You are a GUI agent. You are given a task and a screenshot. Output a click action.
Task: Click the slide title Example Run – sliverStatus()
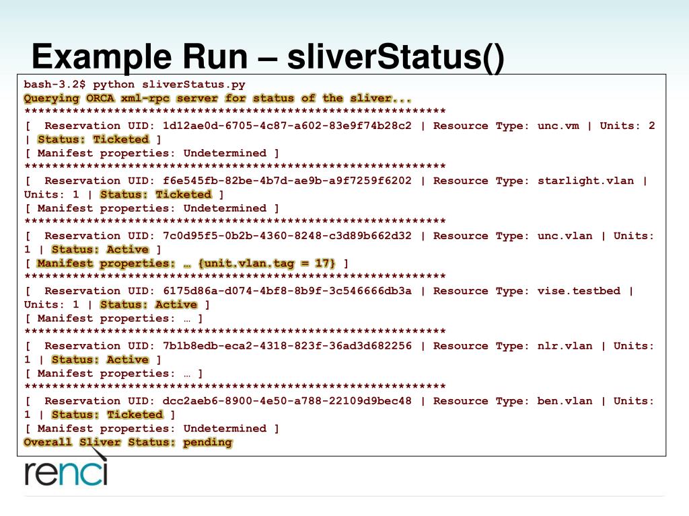[267, 57]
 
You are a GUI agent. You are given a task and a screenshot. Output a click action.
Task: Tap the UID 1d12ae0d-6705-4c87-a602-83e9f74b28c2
[287, 126]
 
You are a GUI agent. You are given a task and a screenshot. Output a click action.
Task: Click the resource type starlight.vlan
[585, 181]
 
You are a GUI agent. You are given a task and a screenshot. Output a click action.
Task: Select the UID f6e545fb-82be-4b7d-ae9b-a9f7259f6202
[287, 181]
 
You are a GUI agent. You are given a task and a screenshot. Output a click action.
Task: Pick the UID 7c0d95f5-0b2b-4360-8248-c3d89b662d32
[287, 236]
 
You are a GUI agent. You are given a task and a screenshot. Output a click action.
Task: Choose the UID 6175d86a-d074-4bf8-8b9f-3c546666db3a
[287, 291]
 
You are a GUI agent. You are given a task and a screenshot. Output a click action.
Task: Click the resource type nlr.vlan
[565, 346]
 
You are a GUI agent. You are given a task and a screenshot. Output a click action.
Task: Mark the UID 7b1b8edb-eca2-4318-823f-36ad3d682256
[287, 346]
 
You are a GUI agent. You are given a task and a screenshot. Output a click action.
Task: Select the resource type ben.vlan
[565, 401]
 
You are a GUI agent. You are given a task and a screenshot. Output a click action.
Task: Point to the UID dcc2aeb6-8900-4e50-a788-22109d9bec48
[287, 401]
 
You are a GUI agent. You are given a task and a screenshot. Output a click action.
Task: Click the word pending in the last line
[207, 442]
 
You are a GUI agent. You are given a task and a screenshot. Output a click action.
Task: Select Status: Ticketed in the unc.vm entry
[93, 140]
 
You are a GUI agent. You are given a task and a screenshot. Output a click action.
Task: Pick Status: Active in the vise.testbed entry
[149, 305]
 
